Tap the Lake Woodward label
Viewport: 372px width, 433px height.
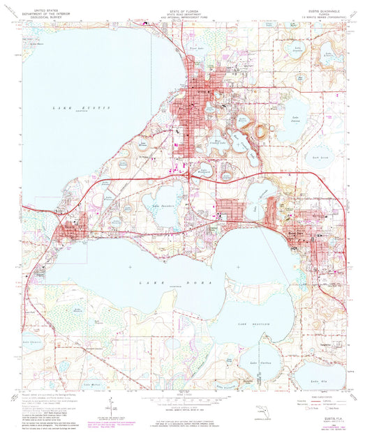204,169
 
